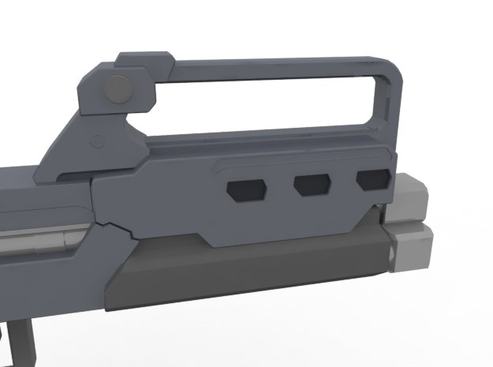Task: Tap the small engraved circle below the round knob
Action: (97, 142)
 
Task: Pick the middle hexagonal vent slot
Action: (311, 185)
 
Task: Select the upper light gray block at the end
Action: (410, 197)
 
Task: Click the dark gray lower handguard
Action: (237, 272)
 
